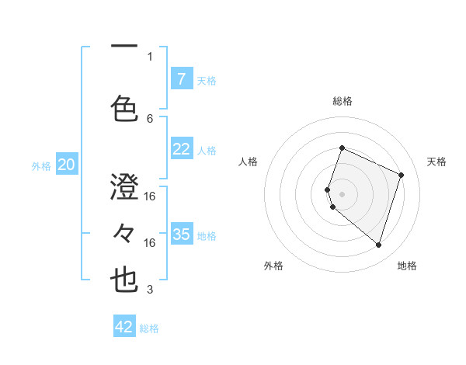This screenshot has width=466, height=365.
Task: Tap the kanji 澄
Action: [x=125, y=187]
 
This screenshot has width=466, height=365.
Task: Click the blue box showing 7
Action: [x=181, y=79]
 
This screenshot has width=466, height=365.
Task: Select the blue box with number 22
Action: [x=181, y=149]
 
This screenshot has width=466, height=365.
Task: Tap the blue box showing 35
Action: [x=181, y=235]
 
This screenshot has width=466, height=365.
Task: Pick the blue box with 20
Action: [x=66, y=165]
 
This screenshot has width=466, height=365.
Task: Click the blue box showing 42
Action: [x=124, y=327]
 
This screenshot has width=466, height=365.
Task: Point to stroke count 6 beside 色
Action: [x=150, y=118]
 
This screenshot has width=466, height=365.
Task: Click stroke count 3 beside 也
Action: [x=150, y=290]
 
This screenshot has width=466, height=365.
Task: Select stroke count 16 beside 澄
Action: [x=150, y=196]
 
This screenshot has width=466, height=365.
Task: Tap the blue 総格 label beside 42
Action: [x=149, y=328]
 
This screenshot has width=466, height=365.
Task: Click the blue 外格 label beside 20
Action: [x=41, y=165]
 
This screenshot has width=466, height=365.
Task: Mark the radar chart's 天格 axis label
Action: [x=436, y=162]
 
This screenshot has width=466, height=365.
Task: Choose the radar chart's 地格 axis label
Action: [x=407, y=266]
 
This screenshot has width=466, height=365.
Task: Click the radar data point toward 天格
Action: [x=401, y=175]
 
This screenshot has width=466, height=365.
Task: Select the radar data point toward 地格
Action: [x=378, y=245]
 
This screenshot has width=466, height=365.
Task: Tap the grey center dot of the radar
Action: [x=342, y=193]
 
